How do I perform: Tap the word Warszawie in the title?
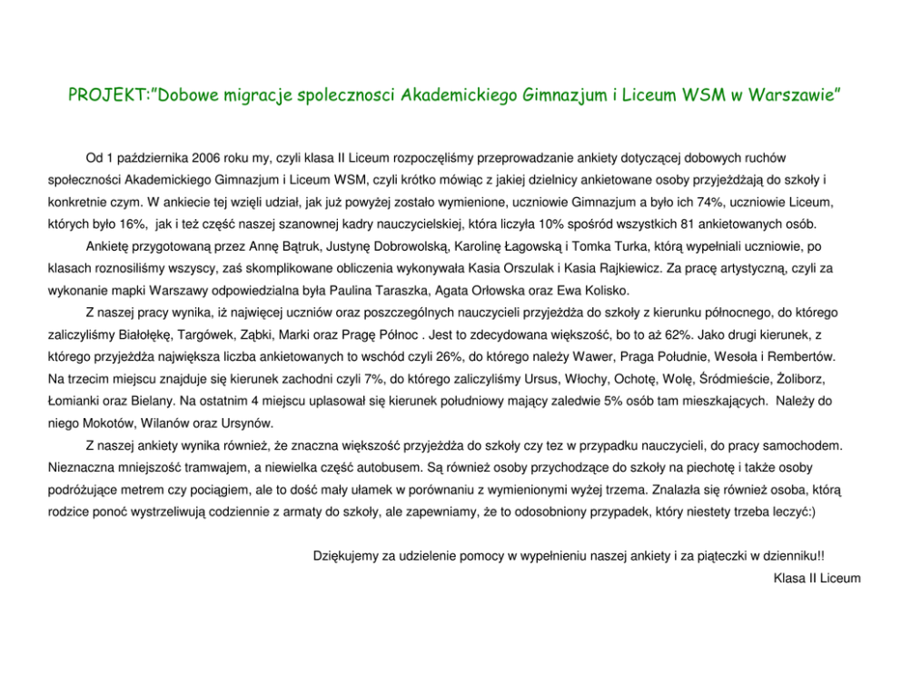tap(796, 95)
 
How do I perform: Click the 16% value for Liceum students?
tap(120, 224)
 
